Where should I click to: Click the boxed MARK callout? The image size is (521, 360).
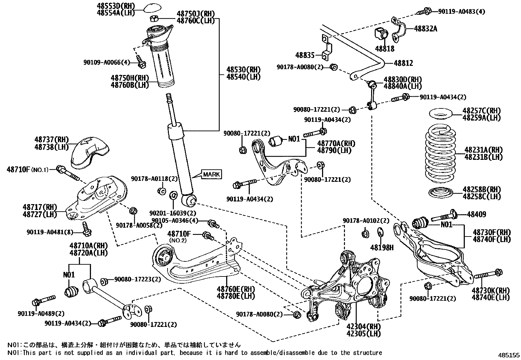pos(211,174)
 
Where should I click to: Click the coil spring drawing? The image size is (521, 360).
pos(440,154)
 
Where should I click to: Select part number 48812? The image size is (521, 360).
pos(403,63)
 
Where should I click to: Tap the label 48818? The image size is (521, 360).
pos(385,49)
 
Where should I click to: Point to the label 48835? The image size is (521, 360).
pos(305,55)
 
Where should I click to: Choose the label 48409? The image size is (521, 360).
pos(476,214)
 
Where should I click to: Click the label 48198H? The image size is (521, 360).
pos(382,248)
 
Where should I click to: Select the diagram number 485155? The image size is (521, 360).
pos(509,355)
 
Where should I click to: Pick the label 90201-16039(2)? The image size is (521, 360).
pos(173,213)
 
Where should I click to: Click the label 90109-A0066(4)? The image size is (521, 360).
pos(107,63)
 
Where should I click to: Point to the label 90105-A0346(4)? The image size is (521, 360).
pos(175,220)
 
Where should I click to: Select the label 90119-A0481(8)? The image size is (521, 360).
pos(50,232)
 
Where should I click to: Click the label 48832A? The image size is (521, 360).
pos(425,28)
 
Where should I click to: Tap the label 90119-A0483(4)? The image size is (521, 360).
pos(462,11)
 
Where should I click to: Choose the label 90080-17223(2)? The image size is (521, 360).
pos(138,279)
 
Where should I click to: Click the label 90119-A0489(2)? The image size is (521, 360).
pos(41,314)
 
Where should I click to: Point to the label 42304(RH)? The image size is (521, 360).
pos(364,326)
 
